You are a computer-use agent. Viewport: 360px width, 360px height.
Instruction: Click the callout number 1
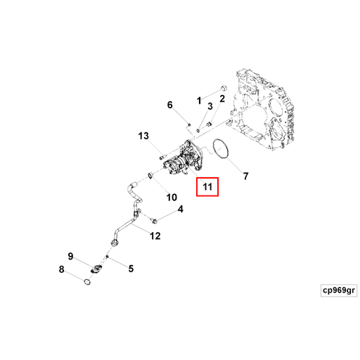[199, 101]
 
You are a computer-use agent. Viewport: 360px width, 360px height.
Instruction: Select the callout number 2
[222, 98]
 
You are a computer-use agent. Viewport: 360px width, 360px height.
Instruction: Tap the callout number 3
[210, 106]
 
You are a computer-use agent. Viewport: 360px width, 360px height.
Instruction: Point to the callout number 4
[181, 209]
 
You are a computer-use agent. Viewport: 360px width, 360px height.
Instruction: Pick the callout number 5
[131, 269]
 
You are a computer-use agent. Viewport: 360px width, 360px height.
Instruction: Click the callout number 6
[169, 105]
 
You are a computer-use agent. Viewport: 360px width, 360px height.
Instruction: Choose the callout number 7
[245, 176]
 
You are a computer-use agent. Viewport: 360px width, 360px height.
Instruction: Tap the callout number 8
[61, 269]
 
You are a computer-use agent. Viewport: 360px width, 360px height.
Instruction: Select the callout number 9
[70, 256]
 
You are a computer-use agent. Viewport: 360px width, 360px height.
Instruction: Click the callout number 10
[172, 198]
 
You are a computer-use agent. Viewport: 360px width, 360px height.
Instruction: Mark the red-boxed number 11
[207, 187]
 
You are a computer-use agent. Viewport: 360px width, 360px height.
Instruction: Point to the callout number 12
[155, 236]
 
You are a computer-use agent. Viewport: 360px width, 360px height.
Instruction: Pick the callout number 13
[143, 136]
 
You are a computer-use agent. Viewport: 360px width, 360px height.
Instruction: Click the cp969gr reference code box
[339, 290]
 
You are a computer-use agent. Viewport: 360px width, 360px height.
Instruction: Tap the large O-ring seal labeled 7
[213, 149]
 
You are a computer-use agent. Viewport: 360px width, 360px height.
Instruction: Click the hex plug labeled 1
[224, 88]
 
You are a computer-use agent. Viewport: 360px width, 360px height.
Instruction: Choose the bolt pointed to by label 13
[162, 156]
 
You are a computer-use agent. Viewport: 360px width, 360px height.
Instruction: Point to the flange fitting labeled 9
[96, 269]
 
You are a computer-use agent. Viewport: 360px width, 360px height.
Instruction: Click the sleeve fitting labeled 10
[150, 175]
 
